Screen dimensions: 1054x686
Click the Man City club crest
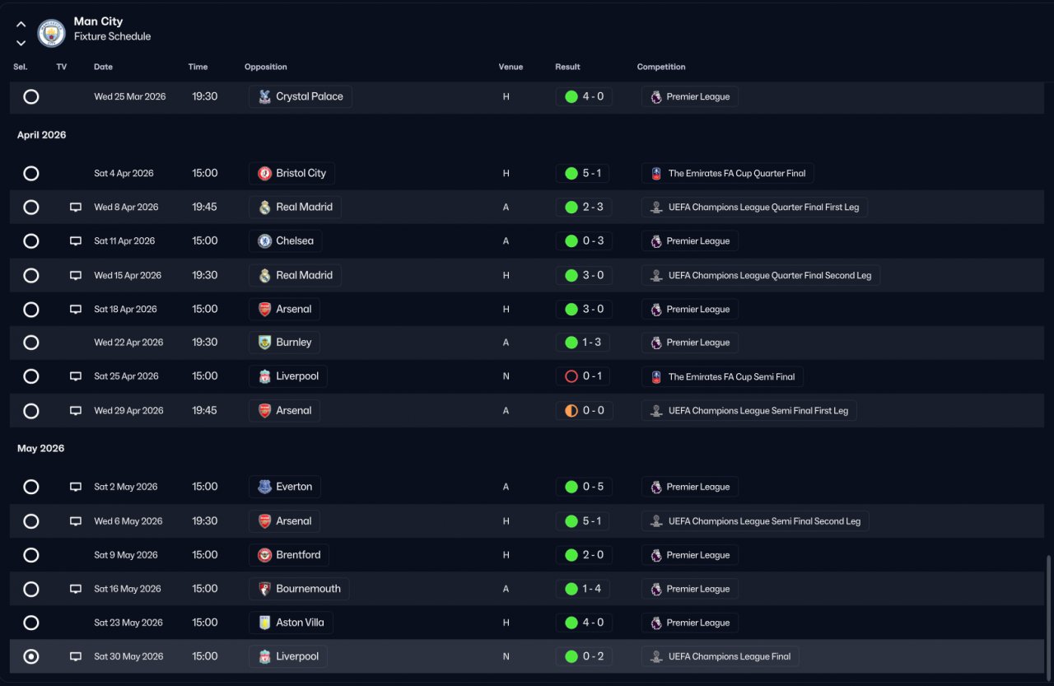point(51,33)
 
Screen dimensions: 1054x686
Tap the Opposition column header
point(265,67)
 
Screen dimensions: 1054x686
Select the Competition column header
point(661,67)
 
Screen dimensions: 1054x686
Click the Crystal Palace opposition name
point(309,96)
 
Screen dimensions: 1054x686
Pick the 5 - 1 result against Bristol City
point(592,173)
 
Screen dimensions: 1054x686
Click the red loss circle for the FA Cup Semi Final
point(571,376)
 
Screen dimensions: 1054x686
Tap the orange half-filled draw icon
point(571,411)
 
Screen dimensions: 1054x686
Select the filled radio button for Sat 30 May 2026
point(31,656)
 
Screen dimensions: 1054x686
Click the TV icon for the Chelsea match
point(75,241)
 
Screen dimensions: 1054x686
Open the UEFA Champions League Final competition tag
point(720,656)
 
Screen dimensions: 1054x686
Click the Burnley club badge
point(264,343)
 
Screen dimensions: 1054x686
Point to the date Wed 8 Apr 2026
point(126,207)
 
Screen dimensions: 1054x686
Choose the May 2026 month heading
point(41,448)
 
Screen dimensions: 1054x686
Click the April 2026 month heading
point(41,135)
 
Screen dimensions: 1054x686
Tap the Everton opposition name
point(294,487)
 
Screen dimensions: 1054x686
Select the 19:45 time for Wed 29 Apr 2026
point(204,410)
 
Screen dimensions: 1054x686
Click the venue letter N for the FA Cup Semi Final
point(506,376)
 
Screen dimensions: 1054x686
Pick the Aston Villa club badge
point(264,623)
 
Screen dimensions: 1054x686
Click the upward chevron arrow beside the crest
point(21,24)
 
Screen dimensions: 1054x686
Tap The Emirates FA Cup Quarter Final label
point(737,173)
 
